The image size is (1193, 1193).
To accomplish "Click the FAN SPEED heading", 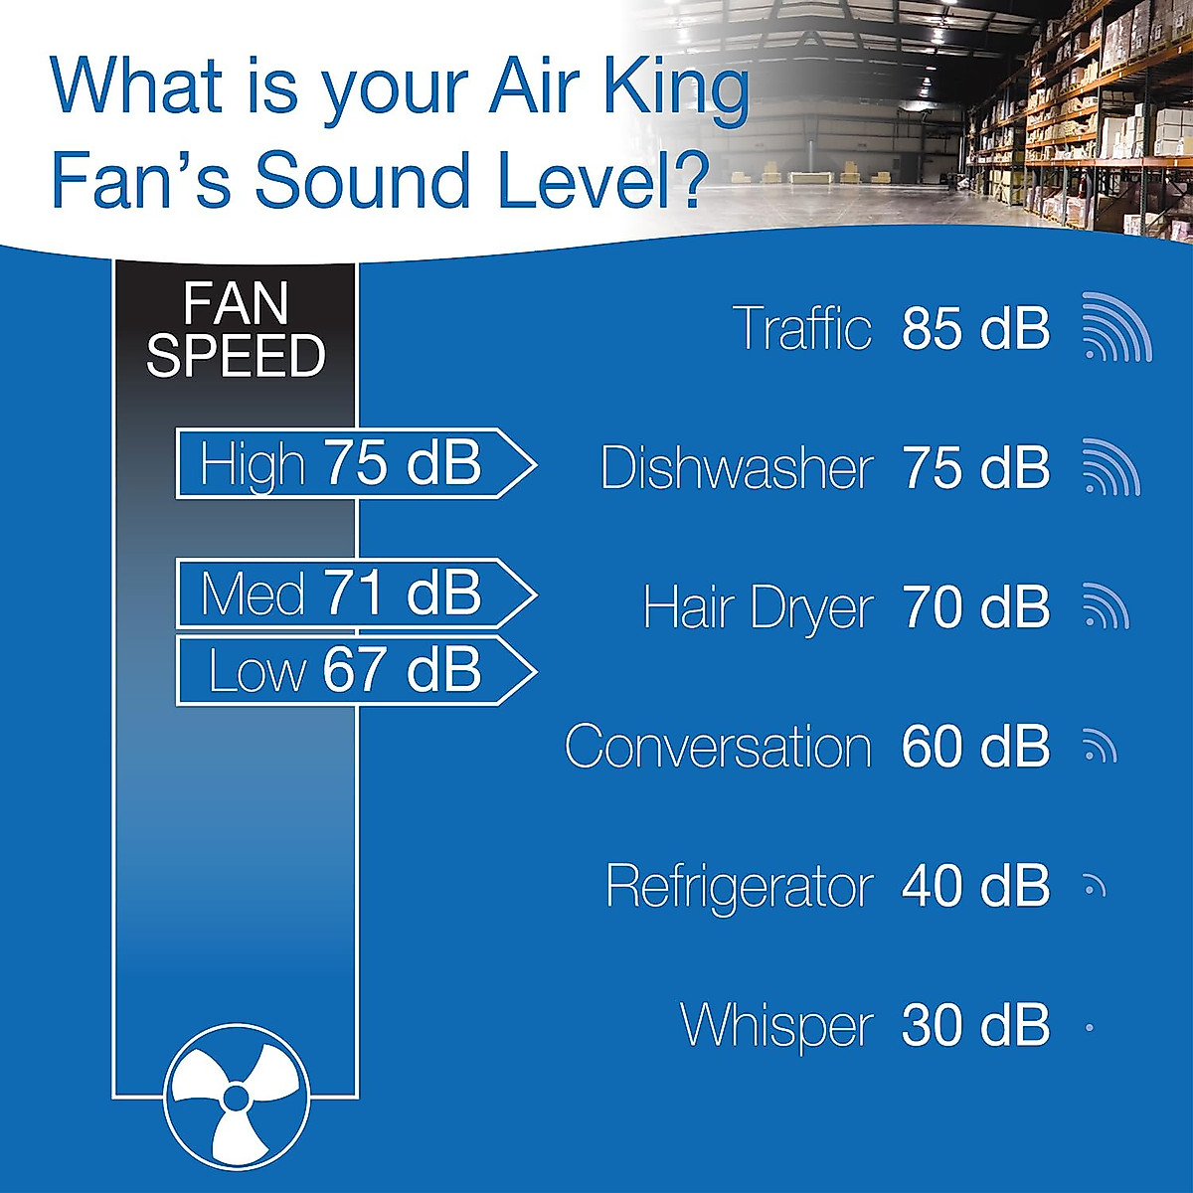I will pos(236,330).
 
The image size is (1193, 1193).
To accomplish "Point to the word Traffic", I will pos(801,328).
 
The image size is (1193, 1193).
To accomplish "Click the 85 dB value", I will pos(975,328).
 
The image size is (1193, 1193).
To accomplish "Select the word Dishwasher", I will pos(737,468).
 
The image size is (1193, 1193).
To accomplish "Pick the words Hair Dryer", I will pos(758,607).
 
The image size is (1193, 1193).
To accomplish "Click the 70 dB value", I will pos(975,607).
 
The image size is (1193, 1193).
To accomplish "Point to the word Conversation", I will pos(718,747).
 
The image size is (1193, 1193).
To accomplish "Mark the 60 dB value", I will pos(975,747).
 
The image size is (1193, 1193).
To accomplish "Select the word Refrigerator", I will pos(739,886).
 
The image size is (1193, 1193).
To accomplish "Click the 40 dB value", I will pos(975,886).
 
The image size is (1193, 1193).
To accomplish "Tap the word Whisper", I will pos(776,1025).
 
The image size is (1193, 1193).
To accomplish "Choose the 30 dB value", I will pos(975,1025).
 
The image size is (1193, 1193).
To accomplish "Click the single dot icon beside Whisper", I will pos(1090,1028).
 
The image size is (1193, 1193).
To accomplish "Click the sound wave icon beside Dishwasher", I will pos(1109,467).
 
